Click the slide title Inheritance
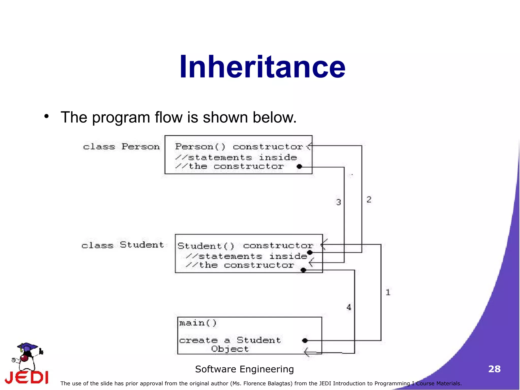[262, 67]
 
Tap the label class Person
[121, 147]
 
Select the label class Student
[123, 245]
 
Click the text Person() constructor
[239, 147]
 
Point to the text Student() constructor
[245, 246]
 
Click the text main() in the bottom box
[198, 323]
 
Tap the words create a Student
[230, 340]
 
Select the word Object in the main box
[230, 349]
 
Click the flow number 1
[388, 292]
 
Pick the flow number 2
[369, 199]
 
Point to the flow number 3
[338, 202]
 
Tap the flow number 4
[349, 307]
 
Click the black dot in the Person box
[299, 167]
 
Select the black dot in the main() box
[305, 340]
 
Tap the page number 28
[494, 369]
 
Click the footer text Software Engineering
[244, 369]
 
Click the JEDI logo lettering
[27, 377]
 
